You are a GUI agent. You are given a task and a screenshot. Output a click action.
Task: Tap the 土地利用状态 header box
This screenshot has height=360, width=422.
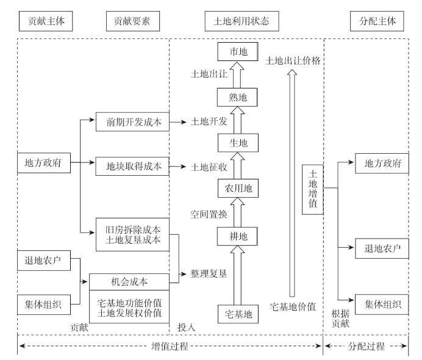238,21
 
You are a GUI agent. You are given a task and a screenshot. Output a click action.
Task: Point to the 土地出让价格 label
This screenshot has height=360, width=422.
293,61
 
